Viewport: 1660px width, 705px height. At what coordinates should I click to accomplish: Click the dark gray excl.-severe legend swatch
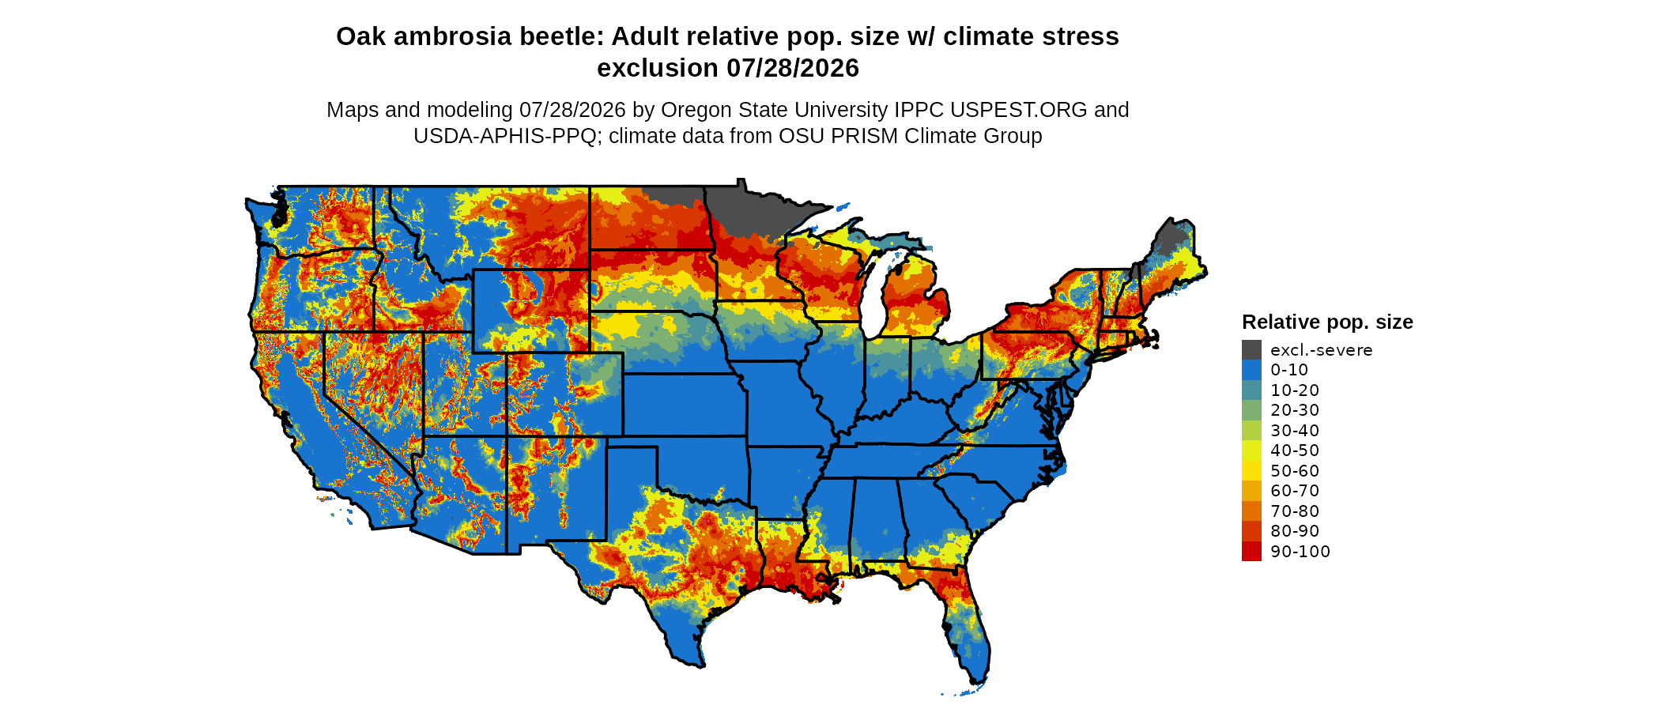click(1251, 350)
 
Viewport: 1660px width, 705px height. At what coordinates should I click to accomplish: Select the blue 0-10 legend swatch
click(1251, 370)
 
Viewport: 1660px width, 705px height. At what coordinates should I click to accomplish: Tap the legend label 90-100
click(1300, 552)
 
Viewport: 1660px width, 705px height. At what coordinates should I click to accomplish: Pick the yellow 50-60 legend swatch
click(1251, 471)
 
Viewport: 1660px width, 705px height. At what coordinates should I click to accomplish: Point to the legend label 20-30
click(1295, 410)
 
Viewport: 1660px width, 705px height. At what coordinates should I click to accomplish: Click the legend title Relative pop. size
click(1327, 322)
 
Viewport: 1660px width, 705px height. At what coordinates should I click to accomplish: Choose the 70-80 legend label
click(1295, 511)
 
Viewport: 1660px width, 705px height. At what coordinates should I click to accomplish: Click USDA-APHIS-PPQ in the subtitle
click(505, 136)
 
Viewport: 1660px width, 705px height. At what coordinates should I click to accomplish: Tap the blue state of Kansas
click(684, 405)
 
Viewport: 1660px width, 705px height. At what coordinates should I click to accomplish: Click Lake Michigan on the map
click(875, 296)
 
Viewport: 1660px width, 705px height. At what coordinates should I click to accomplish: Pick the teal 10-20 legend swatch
click(1251, 390)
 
